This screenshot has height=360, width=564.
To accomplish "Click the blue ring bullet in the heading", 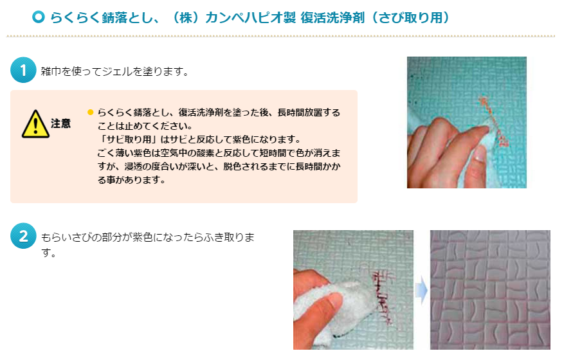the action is (38, 17).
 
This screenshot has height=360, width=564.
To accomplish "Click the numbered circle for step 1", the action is (23, 70).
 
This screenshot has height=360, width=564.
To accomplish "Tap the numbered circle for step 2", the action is (23, 236).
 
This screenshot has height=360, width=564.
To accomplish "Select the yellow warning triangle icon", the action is (35, 124).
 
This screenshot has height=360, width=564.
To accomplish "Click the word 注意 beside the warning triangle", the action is (61, 123).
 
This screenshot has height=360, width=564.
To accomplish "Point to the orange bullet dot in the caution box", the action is (90, 113).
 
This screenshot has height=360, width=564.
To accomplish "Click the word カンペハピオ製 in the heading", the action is (251, 17).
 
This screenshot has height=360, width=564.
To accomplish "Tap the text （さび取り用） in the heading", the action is (410, 17).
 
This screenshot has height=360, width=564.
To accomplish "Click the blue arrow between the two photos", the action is (421, 291).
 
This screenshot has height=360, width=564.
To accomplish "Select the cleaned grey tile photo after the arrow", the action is (490, 290).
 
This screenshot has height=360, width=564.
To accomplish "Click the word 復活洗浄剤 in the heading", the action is (332, 17).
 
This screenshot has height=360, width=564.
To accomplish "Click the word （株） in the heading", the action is (186, 17).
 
